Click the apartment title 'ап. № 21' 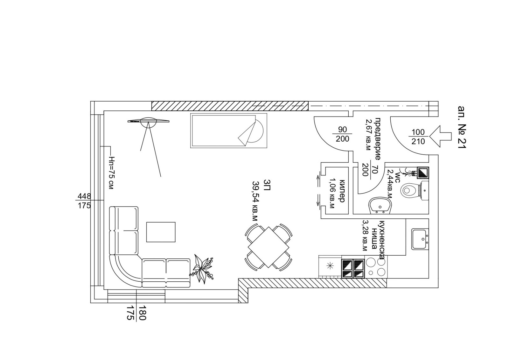coord(462,127)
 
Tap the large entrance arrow coord(441,136)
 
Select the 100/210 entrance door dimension coord(418,137)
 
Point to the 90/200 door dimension coord(342,134)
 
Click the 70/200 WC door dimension coord(369,170)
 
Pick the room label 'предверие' coord(377,138)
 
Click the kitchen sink coord(420,239)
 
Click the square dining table coord(268,247)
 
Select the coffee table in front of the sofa coord(161,232)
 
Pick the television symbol coord(148,121)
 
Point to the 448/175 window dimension coord(84,201)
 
